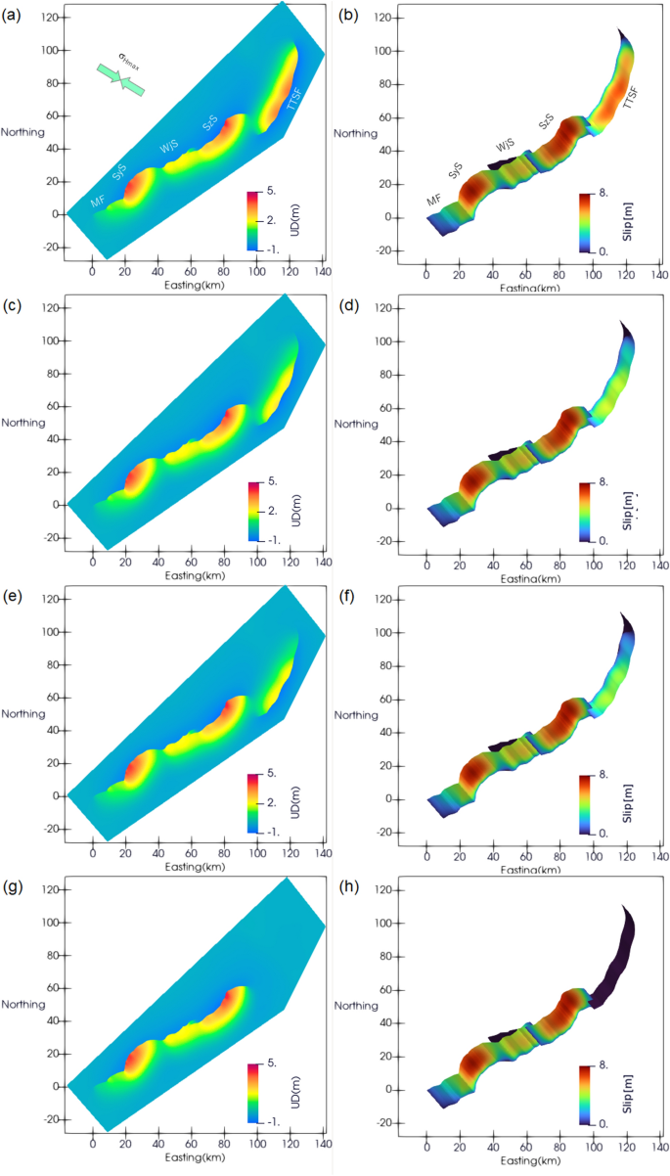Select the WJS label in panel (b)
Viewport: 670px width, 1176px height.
click(x=505, y=146)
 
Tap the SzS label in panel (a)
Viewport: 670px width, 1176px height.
click(x=211, y=123)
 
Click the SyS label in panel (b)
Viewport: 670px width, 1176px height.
click(x=456, y=170)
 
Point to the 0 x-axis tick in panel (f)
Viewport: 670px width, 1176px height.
click(x=427, y=852)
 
